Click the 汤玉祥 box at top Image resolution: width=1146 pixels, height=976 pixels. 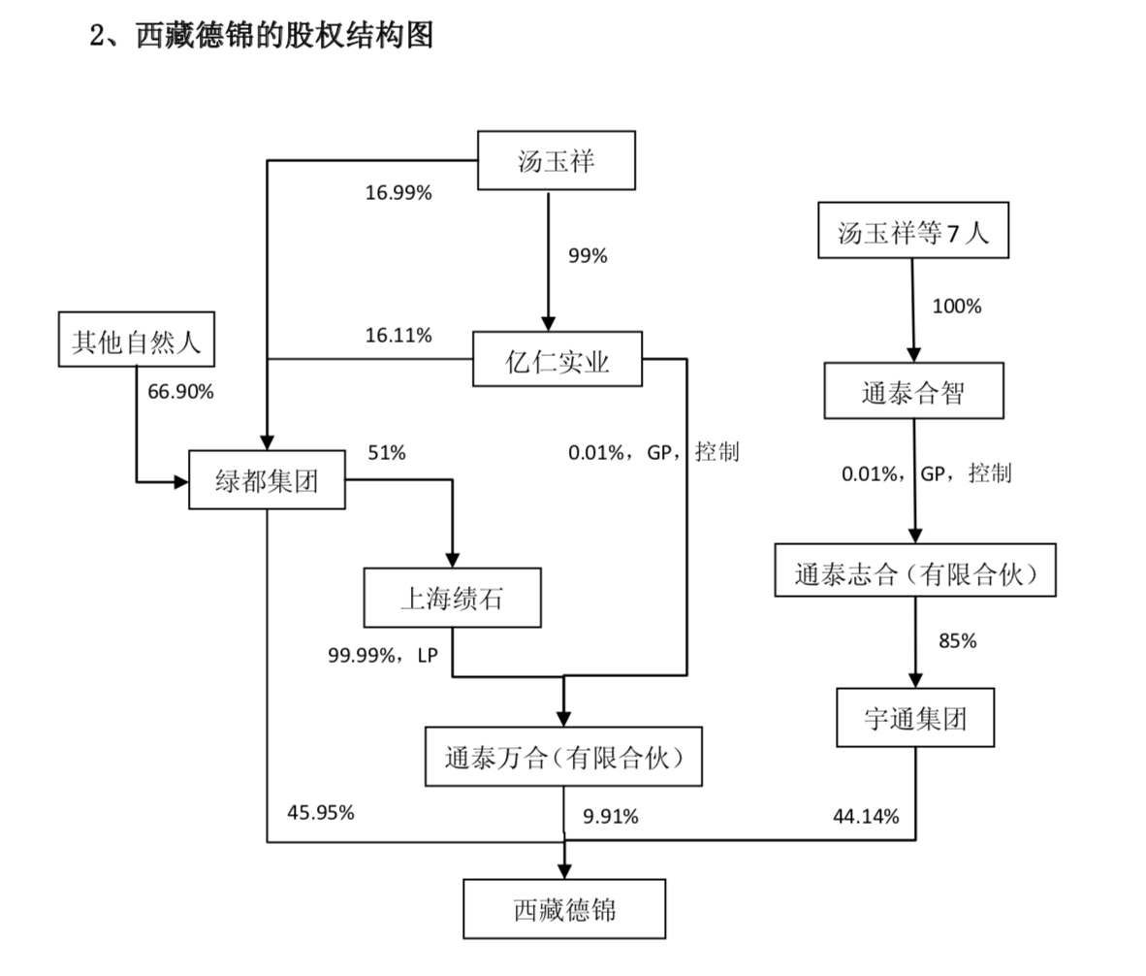coord(557,160)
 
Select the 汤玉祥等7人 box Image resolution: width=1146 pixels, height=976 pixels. coord(912,231)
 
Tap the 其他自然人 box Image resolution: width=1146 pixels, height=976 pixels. coord(136,340)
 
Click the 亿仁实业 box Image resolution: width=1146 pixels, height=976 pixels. coord(557,360)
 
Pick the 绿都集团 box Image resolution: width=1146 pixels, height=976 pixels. coord(267,479)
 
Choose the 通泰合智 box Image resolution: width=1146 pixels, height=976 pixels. coord(913,391)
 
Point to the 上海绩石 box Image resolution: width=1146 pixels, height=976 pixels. coord(452,598)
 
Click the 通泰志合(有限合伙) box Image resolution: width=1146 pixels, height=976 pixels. coord(914,570)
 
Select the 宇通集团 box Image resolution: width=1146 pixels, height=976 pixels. coord(914,718)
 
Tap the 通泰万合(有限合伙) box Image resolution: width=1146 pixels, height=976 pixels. coord(563,757)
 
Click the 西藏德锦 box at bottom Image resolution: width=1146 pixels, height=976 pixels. coord(563,909)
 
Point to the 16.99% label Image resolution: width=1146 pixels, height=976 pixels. coord(398,193)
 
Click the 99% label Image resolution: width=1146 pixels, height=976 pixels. coord(588,256)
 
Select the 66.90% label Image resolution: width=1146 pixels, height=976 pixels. coord(180,392)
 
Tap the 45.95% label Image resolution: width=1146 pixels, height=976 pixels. coord(320,813)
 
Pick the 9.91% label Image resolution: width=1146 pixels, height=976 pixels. coord(611,817)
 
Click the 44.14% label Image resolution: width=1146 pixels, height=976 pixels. coord(866,817)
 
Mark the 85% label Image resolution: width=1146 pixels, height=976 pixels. coord(957,641)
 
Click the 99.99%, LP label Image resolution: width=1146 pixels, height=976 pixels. coord(383,656)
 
